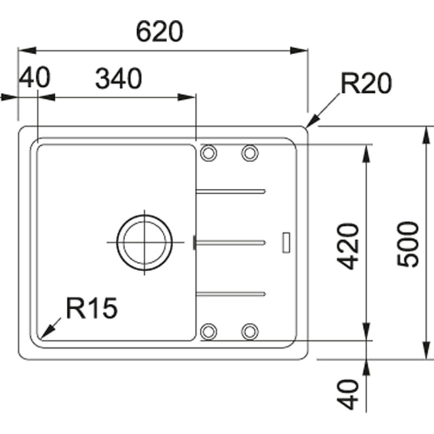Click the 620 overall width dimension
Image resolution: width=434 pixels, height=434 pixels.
[160, 32]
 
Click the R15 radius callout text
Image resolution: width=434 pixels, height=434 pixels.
[91, 309]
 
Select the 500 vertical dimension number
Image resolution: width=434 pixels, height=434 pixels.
[408, 244]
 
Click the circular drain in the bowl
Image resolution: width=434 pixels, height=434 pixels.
[145, 242]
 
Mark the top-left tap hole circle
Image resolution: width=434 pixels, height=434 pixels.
[208, 154]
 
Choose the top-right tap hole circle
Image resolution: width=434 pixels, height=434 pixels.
[250, 154]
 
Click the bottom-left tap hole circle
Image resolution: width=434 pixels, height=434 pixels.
[208, 330]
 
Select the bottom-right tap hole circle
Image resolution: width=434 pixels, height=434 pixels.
[250, 330]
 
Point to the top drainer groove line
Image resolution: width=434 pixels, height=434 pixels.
[231, 191]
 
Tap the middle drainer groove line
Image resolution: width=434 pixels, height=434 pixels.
[231, 242]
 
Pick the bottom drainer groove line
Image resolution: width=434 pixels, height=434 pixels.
[231, 293]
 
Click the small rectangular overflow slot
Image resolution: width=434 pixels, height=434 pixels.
[285, 242]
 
